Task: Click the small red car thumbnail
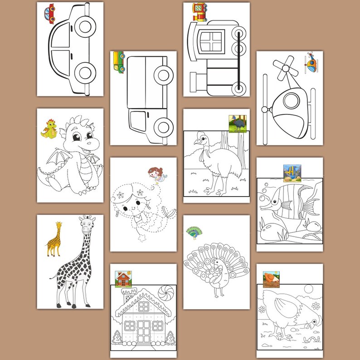click(x=49, y=13)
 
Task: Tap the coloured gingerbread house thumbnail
click(x=123, y=279)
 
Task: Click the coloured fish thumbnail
click(x=292, y=173)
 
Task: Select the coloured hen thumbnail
click(x=271, y=279)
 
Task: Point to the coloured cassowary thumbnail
click(x=237, y=123)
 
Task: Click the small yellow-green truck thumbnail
click(x=119, y=62)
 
